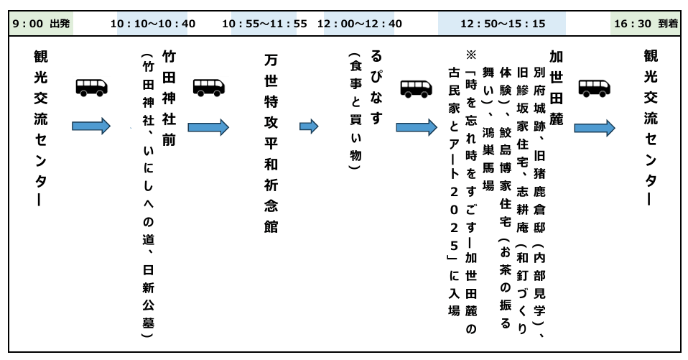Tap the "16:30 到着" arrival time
pos(646,24)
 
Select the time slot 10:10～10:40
pos(153,24)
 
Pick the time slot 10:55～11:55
pos(264,24)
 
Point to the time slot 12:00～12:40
pos(363,24)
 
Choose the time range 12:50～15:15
pos(503,24)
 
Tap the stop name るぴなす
pos(376,86)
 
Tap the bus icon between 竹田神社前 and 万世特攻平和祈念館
pos(210,87)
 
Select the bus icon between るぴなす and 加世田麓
pos(417,87)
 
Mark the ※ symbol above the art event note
pos(471,54)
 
